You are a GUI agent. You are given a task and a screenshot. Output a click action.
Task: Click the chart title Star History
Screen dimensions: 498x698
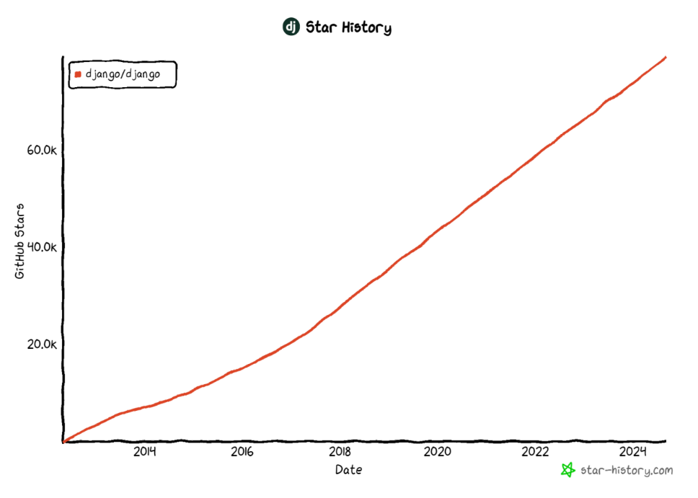coord(348,28)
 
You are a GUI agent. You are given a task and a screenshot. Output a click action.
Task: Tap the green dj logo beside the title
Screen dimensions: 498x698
coord(291,27)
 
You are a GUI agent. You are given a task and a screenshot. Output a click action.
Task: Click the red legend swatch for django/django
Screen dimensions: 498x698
coord(78,74)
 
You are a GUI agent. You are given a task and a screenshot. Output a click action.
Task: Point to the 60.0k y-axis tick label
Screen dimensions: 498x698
coord(42,150)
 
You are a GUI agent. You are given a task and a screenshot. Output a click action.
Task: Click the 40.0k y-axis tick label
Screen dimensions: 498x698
coord(42,246)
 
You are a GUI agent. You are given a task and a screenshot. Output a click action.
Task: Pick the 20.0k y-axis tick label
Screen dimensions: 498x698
coord(42,344)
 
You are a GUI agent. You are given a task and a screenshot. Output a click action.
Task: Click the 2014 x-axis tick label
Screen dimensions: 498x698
coord(144,452)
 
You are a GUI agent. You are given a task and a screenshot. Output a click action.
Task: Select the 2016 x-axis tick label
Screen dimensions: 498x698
coord(242,452)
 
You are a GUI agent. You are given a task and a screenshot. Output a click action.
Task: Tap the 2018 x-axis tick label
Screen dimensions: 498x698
coord(340,452)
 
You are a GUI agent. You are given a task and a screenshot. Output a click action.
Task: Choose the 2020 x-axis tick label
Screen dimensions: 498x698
coord(437,452)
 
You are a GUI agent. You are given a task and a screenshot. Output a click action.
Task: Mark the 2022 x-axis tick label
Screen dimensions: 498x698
coord(535,452)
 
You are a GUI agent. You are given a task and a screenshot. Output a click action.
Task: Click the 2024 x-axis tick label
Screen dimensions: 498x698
coord(633,452)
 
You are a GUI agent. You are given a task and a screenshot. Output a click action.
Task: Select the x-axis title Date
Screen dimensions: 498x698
coord(348,470)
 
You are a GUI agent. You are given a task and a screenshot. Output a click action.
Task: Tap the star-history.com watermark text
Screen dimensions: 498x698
coord(626,471)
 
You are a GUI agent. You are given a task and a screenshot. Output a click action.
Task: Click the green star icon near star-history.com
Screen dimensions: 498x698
coord(568,470)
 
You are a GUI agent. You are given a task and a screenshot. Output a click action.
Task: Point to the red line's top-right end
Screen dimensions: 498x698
coord(665,57)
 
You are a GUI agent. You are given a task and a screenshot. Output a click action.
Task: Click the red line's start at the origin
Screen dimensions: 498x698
coord(64,441)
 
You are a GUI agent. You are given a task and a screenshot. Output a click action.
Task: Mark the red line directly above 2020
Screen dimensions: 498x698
coord(437,231)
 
